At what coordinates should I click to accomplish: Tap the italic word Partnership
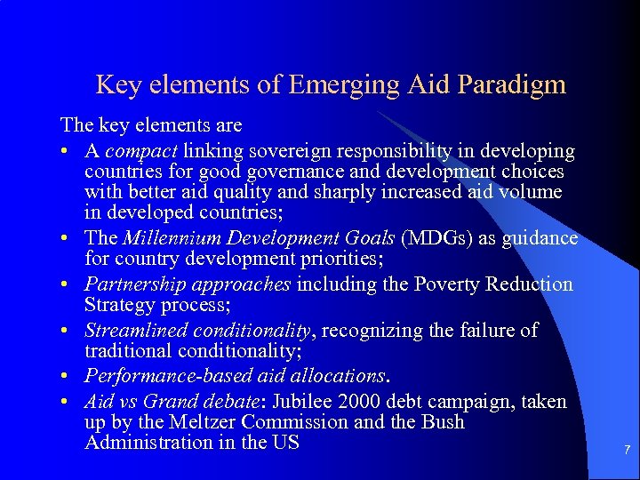click(x=131, y=284)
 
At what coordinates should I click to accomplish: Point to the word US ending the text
click(x=284, y=443)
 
